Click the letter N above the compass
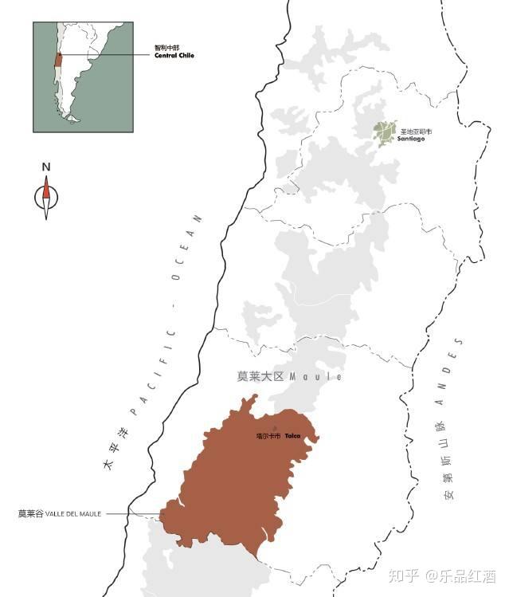point(46,167)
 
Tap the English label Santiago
point(412,139)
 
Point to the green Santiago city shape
point(386,132)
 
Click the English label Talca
point(292,436)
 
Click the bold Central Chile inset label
point(174,56)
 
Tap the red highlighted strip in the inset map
point(57,61)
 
